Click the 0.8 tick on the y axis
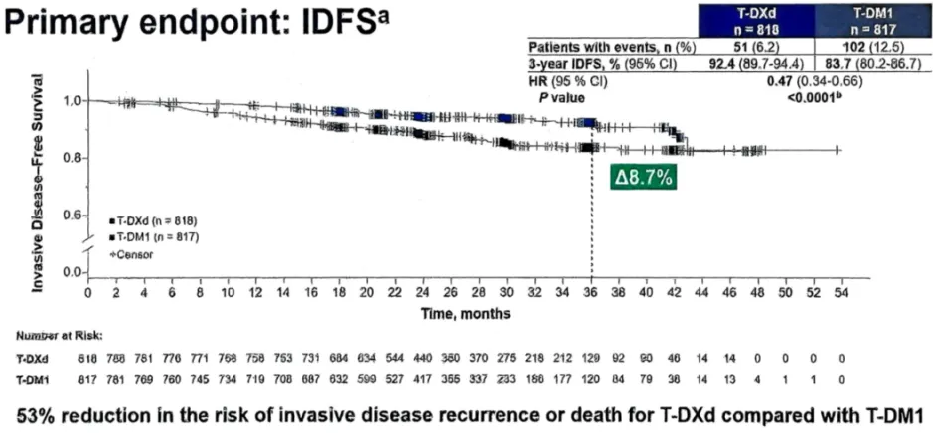point(68,158)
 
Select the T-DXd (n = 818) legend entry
point(158,217)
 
